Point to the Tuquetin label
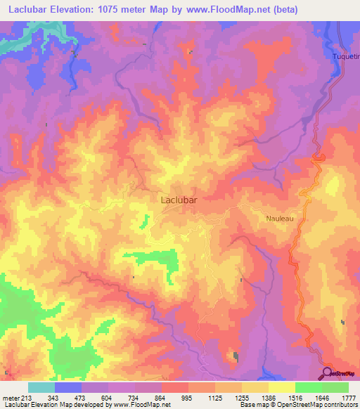click(x=345, y=56)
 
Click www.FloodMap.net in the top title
click(x=231, y=10)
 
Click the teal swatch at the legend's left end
click(x=41, y=387)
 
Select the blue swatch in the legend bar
click(x=68, y=387)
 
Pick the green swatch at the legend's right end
click(x=335, y=387)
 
